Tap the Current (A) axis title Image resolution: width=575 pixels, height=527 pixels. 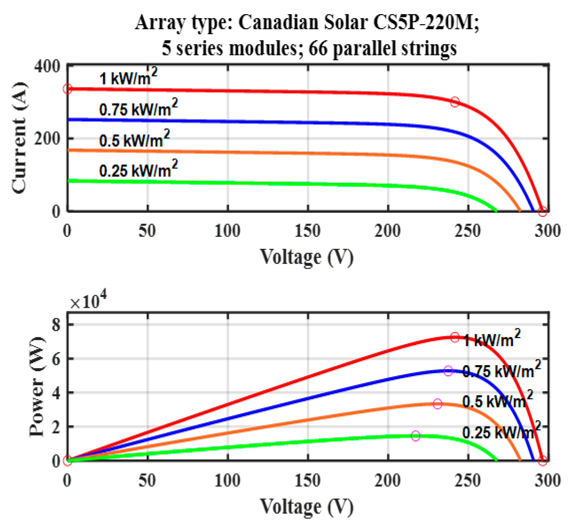[x=19, y=138]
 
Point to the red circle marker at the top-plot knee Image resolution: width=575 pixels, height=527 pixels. [x=455, y=102]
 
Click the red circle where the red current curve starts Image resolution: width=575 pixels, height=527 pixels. [x=68, y=89]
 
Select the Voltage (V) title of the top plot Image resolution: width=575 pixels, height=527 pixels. [x=307, y=257]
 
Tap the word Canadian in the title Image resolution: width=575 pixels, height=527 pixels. [x=278, y=22]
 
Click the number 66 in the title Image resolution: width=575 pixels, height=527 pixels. [x=317, y=48]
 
